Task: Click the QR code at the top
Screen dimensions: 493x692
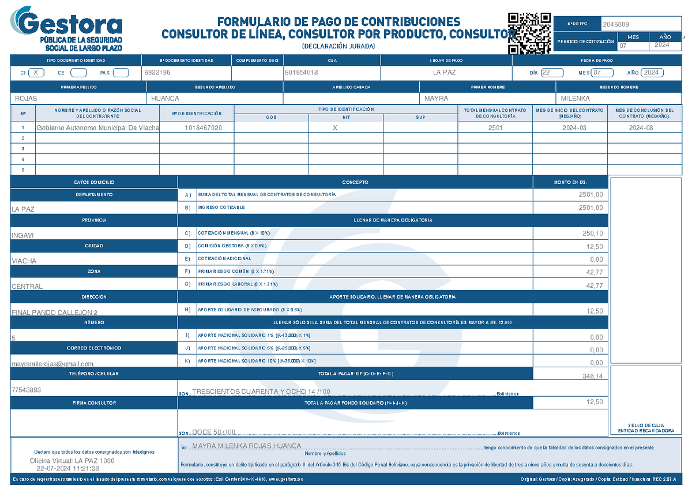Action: pyautogui.click(x=529, y=32)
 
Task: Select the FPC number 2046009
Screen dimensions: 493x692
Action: pyautogui.click(x=615, y=25)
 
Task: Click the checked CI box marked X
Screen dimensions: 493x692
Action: pyautogui.click(x=36, y=73)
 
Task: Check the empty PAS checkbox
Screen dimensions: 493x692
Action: pyautogui.click(x=121, y=73)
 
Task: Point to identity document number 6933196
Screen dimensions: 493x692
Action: pyautogui.click(x=157, y=73)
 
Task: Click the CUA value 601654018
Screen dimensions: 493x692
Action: pyautogui.click(x=301, y=73)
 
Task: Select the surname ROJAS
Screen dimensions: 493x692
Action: pyautogui.click(x=26, y=99)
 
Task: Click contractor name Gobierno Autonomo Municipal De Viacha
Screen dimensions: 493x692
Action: pyautogui.click(x=97, y=127)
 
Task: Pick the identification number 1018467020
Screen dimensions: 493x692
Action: pyautogui.click(x=203, y=127)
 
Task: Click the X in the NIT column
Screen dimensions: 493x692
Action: pyautogui.click(x=335, y=128)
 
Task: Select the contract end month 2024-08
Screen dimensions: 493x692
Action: pyautogui.click(x=641, y=127)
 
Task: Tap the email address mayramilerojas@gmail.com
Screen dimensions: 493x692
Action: pyautogui.click(x=52, y=364)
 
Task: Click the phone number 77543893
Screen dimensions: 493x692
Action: pyautogui.click(x=27, y=390)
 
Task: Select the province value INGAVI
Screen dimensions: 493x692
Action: pyautogui.click(x=24, y=235)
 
